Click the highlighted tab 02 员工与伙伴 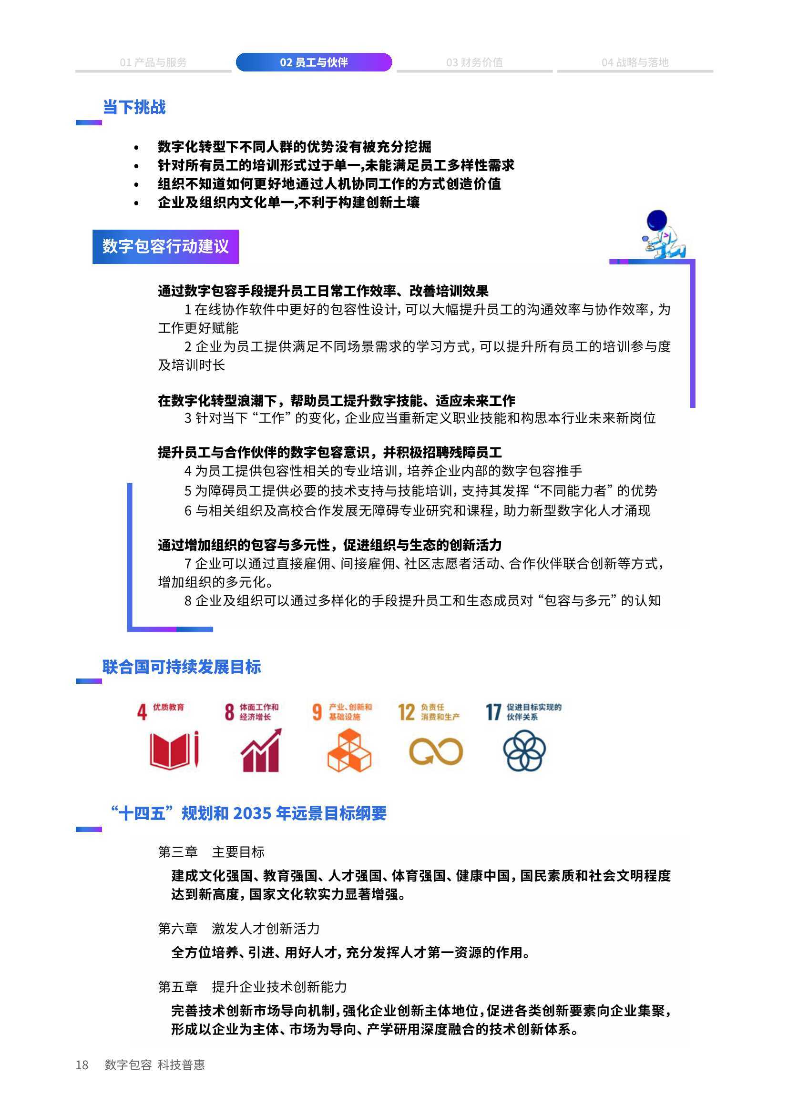point(314,62)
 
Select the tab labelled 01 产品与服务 point(153,62)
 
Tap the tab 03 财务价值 point(474,62)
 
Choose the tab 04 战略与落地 point(635,62)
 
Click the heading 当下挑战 point(134,107)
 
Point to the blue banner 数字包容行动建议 point(165,246)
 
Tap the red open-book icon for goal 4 point(174,750)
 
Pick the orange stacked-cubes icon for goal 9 point(349,750)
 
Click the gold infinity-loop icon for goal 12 point(436,751)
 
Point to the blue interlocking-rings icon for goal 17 point(524,751)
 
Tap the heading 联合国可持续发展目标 point(182,667)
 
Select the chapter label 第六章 point(178,929)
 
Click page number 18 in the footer point(82,1064)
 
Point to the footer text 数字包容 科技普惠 point(155,1064)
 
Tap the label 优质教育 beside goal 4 point(168,707)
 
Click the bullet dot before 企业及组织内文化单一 point(136,203)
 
